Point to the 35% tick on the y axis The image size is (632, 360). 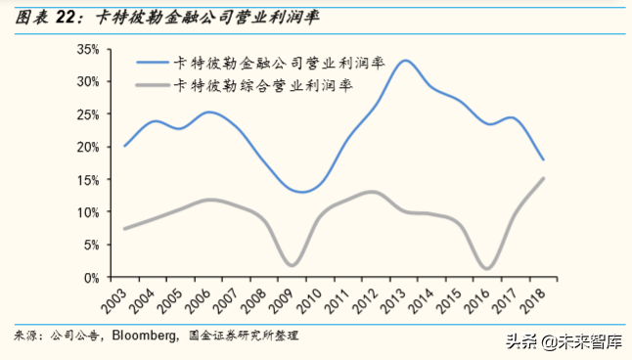[86, 49]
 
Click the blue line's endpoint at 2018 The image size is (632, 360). [543, 160]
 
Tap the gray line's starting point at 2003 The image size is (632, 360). [123, 229]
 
